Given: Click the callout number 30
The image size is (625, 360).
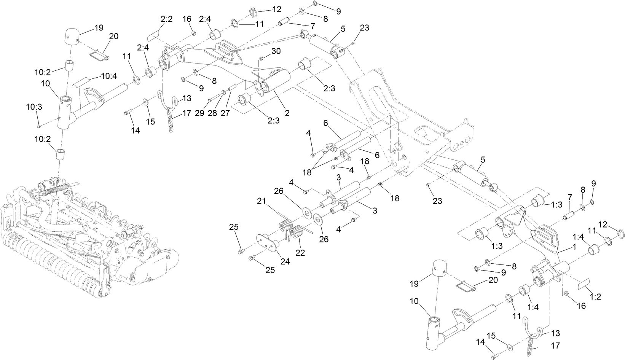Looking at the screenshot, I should [x=276, y=51].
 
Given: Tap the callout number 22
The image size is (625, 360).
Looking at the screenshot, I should [x=300, y=253].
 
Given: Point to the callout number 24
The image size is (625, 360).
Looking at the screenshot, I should [x=285, y=261].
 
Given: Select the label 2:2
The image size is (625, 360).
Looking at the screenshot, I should [x=166, y=19].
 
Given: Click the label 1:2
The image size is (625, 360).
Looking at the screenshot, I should [x=595, y=297].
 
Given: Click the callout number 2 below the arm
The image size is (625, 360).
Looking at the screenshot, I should [x=287, y=113].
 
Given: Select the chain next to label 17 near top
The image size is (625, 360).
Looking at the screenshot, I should [x=171, y=120].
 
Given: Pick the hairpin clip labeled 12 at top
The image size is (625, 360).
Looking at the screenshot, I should [x=254, y=12].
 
